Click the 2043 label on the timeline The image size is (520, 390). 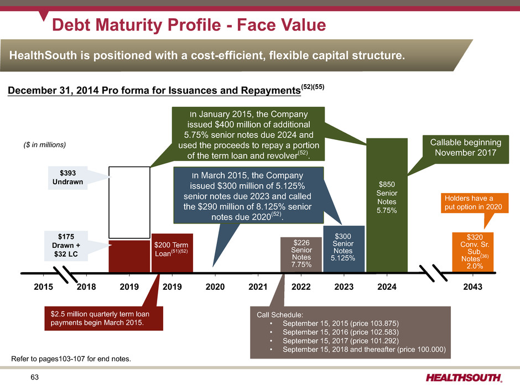click(472, 288)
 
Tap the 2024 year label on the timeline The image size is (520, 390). click(386, 288)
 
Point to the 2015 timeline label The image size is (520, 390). click(43, 288)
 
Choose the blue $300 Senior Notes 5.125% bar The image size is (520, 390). click(344, 249)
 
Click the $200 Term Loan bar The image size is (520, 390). click(172, 253)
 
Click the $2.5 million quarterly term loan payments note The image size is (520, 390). click(103, 319)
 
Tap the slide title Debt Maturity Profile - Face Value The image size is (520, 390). click(189, 25)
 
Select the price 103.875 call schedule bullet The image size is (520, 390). click(340, 323)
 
